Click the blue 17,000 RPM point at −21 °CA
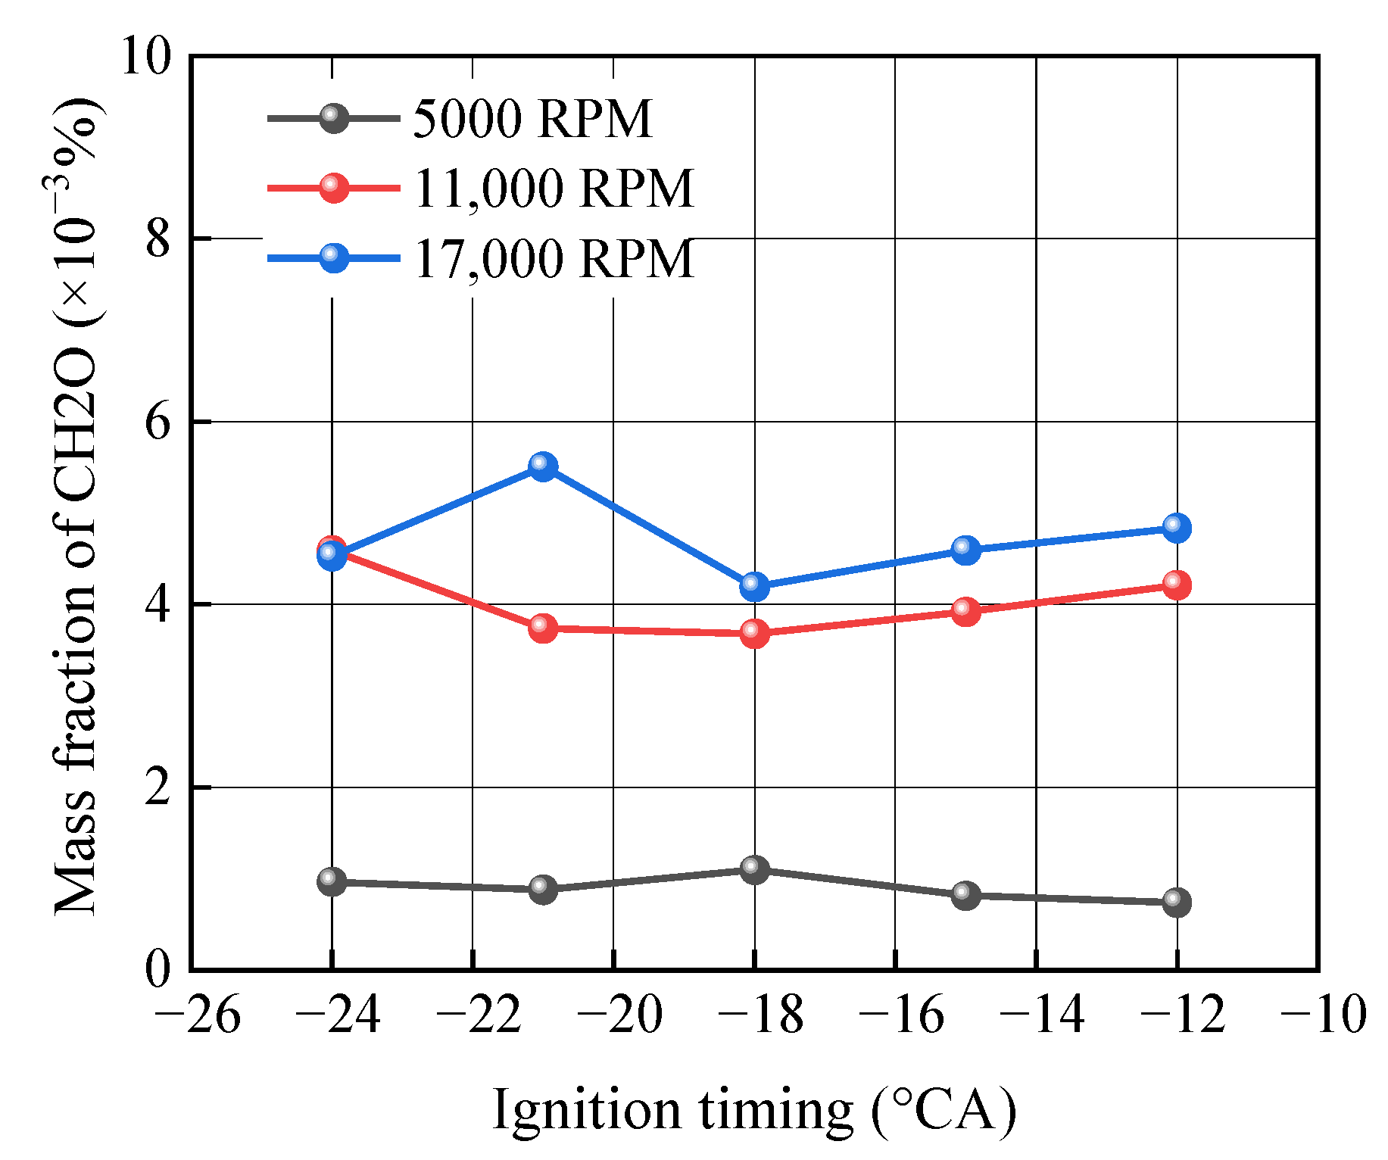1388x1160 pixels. point(543,466)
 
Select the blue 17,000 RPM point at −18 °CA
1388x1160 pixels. point(754,585)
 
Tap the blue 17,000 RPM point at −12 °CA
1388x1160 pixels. point(1176,528)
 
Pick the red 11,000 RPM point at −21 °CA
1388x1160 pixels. point(543,628)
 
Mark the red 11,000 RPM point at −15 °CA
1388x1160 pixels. point(965,611)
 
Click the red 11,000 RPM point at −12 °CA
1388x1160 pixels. point(1176,585)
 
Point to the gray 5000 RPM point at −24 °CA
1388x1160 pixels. point(332,881)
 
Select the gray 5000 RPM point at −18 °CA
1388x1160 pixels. point(754,869)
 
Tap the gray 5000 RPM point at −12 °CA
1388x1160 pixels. point(1176,902)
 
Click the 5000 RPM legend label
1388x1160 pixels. point(532,119)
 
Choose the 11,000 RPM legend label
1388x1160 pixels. point(554,188)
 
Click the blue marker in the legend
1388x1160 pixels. point(333,257)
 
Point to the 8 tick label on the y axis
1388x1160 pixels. point(158,239)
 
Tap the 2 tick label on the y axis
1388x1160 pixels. point(158,788)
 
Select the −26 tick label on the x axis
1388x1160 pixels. point(197,1015)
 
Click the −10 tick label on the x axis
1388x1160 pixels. point(1323,1015)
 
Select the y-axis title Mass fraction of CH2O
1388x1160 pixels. point(76,507)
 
